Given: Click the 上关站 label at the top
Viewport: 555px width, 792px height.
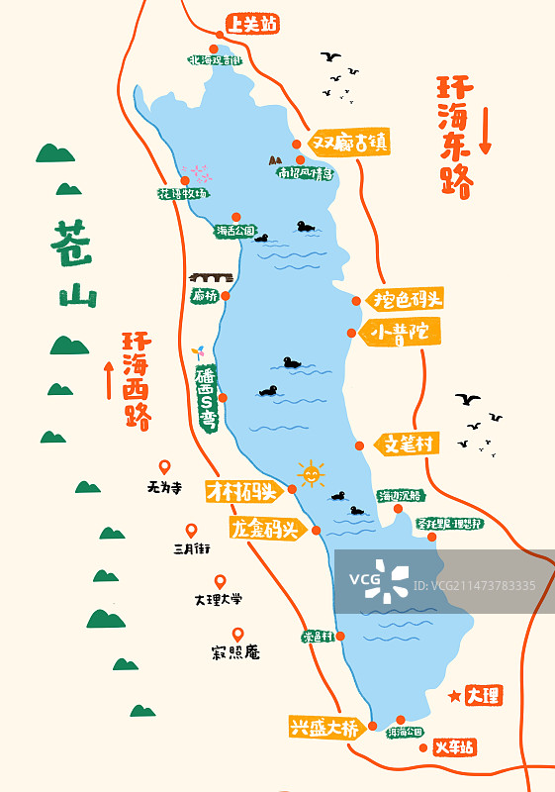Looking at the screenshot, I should (x=252, y=24).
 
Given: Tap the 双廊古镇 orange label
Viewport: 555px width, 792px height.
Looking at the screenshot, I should (x=350, y=143).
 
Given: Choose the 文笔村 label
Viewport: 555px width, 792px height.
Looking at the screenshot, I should (x=407, y=445).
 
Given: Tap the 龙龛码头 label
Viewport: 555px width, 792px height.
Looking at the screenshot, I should (x=264, y=529).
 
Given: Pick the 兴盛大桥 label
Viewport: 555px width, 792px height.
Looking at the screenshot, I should (x=324, y=728).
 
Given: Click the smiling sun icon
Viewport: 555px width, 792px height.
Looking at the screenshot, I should (x=311, y=475).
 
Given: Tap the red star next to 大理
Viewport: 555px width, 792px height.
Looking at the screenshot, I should (x=455, y=696).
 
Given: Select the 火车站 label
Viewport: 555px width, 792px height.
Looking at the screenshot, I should (x=454, y=747).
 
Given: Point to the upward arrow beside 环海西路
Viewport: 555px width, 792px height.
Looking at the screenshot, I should (x=109, y=380).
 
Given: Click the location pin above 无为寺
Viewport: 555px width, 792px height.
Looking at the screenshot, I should (x=165, y=467).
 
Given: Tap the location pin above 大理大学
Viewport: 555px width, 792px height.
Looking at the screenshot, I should (x=220, y=582).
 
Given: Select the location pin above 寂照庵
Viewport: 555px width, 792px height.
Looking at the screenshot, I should (x=237, y=635).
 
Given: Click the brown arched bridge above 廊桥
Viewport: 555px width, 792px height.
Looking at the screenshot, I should (x=211, y=278).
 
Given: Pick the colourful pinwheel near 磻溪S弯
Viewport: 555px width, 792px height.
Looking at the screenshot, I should (x=198, y=353).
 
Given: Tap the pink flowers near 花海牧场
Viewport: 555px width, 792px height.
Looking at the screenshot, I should (x=199, y=172).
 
